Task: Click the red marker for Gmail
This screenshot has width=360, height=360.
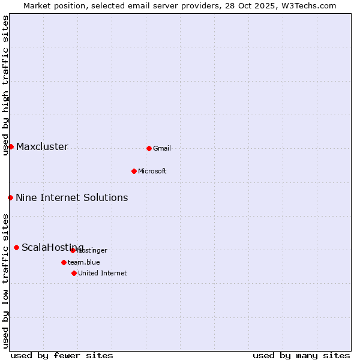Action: (x=149, y=148)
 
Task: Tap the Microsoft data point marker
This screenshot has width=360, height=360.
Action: (x=134, y=171)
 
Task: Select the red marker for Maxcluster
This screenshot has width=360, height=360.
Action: (x=11, y=146)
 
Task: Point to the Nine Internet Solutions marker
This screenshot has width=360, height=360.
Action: (x=10, y=197)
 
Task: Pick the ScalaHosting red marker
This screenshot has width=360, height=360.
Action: (x=16, y=247)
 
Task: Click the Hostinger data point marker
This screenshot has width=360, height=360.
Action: (x=73, y=250)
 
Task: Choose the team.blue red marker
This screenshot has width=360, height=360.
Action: (x=64, y=262)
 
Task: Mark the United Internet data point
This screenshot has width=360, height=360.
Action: (x=74, y=273)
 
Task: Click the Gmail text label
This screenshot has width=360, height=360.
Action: (x=162, y=149)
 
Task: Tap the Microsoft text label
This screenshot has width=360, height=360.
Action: (x=152, y=172)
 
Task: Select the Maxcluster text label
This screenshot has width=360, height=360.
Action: (x=42, y=147)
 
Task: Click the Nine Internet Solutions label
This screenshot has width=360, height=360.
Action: (x=71, y=198)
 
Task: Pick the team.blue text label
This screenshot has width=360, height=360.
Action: (x=84, y=263)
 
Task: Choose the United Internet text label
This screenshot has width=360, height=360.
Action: (x=103, y=274)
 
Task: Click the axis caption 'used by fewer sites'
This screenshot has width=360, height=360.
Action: (x=62, y=355)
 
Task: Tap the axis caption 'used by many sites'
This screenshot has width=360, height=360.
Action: (x=301, y=355)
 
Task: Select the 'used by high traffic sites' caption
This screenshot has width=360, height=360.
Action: (x=6, y=85)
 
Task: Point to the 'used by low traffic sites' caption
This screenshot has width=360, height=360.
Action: (x=6, y=281)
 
